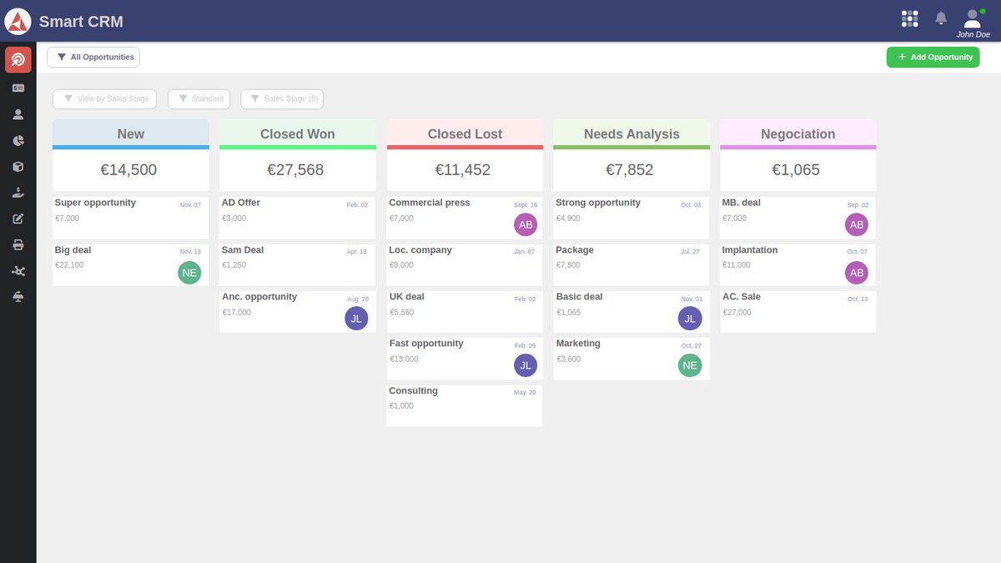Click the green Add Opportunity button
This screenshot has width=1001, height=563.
point(933,57)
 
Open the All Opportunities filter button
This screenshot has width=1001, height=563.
point(93,57)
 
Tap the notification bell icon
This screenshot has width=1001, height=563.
point(941,18)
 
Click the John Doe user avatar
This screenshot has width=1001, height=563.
point(973,18)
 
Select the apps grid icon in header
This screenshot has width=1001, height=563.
point(910,18)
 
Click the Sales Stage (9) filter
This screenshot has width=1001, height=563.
point(282,98)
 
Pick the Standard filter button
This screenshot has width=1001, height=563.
point(199,98)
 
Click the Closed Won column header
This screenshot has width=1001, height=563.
point(298,133)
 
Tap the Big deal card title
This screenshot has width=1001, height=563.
point(73,249)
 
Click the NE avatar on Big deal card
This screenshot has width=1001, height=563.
point(189,273)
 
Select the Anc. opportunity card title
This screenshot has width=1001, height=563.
point(259,296)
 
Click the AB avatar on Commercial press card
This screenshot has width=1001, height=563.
point(526,225)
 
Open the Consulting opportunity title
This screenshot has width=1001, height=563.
point(414,390)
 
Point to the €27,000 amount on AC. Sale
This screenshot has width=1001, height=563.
point(737,312)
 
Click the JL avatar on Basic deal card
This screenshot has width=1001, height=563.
point(690,319)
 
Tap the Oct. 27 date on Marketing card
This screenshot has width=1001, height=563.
point(692,345)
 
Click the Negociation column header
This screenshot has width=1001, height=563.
point(798,133)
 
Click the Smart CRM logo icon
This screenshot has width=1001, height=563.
point(18,21)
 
